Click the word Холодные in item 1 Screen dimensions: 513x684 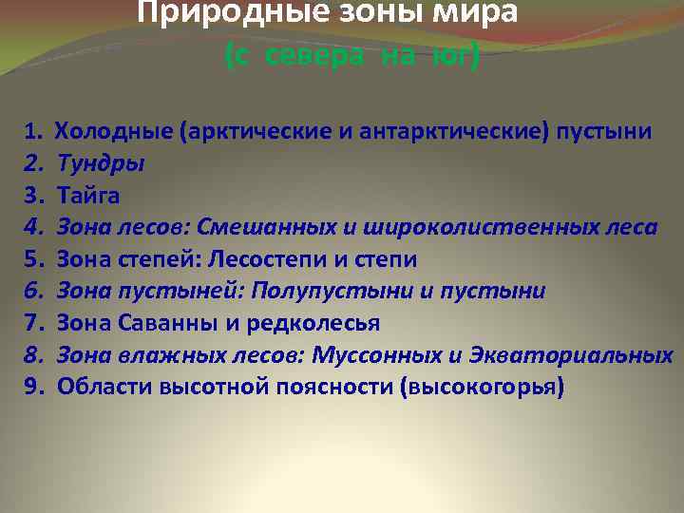point(113,130)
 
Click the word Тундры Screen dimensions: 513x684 point(101,162)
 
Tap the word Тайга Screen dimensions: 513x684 point(89,195)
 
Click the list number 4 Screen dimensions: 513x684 point(32,227)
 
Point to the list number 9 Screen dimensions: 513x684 point(32,388)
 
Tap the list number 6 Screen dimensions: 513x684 point(32,291)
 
